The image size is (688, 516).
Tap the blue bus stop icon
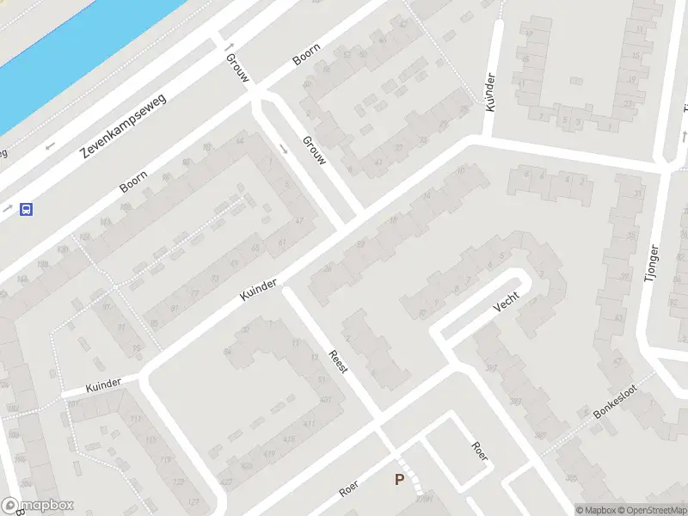pyautogui.click(x=27, y=209)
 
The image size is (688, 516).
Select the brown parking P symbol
pyautogui.click(x=399, y=480)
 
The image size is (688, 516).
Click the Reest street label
pyautogui.click(x=338, y=360)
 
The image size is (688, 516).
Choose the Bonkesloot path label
pyautogui.click(x=614, y=401)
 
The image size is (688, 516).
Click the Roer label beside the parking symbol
pyautogui.click(x=348, y=490)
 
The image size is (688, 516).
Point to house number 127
pyautogui.click(x=193, y=501)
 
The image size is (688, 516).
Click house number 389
pyautogui.click(x=539, y=435)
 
